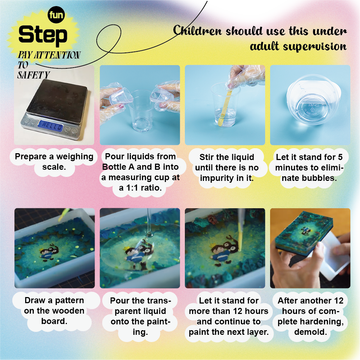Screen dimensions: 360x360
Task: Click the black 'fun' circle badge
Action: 56,15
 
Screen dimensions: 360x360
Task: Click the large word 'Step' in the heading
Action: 43,35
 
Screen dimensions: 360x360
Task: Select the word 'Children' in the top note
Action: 197,31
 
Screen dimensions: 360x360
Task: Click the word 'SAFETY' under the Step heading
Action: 33,75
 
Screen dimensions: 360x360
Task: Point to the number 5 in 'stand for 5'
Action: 340,157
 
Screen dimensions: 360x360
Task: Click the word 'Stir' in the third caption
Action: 206,157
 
